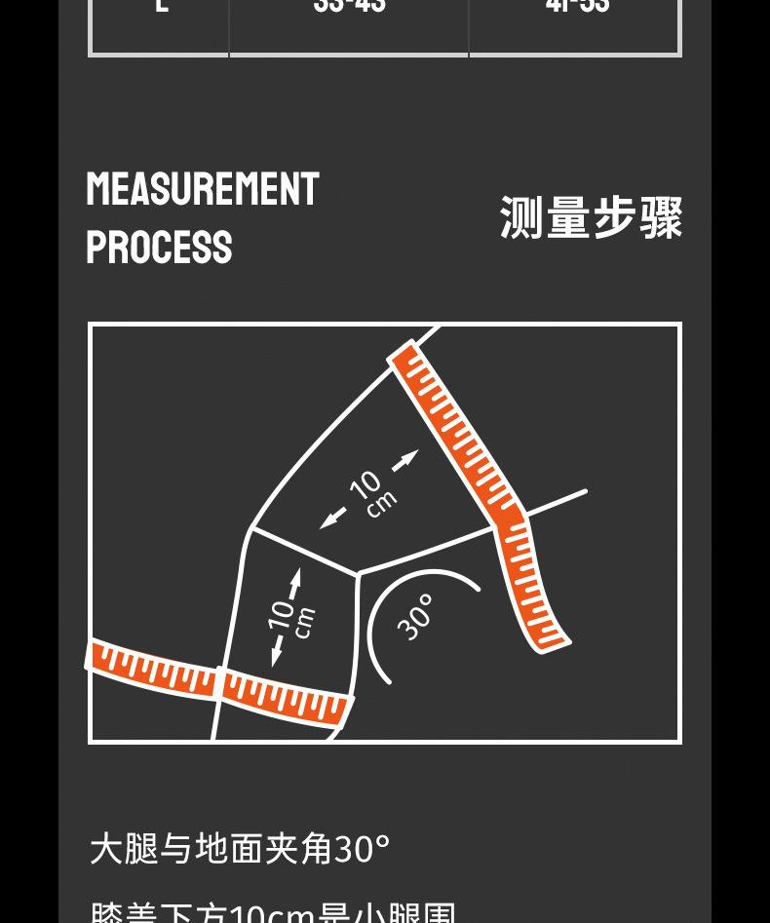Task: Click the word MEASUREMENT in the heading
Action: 203,189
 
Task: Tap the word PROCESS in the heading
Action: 159,248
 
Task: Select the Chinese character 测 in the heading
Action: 522,217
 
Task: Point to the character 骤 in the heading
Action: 661,217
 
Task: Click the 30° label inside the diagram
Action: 416,617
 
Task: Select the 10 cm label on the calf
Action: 290,618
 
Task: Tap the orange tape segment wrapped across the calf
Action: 286,695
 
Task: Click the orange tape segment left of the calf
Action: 153,668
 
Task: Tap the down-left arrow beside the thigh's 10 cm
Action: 333,518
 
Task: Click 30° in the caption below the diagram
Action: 362,849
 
